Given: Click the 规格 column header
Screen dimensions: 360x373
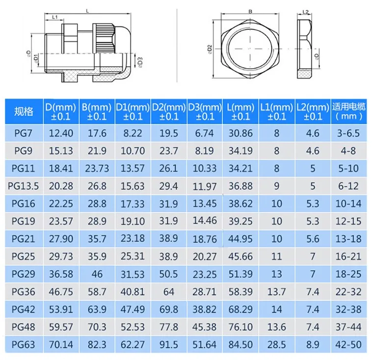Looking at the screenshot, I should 24,111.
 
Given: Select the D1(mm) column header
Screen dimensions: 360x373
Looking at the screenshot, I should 133,111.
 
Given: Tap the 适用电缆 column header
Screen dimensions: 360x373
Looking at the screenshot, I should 348,111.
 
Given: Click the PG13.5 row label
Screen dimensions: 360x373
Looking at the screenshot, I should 24,186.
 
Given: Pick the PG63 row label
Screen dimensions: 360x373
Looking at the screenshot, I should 24,345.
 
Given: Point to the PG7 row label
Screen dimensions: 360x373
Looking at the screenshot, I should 24,133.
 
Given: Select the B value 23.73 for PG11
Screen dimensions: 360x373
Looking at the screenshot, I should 97,168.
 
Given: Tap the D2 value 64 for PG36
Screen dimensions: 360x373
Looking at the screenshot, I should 169,292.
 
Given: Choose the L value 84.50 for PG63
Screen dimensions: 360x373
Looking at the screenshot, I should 240,345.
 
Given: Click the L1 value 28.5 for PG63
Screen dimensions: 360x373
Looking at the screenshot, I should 277,345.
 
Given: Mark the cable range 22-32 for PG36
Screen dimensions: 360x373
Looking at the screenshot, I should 348,292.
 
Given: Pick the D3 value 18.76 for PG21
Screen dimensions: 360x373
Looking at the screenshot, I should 205,239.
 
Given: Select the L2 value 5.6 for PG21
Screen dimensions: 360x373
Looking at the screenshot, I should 312,239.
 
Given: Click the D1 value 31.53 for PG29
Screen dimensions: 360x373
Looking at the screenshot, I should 133,274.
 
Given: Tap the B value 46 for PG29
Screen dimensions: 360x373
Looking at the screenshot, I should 97,274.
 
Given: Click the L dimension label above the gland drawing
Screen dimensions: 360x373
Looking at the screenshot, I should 87,10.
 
